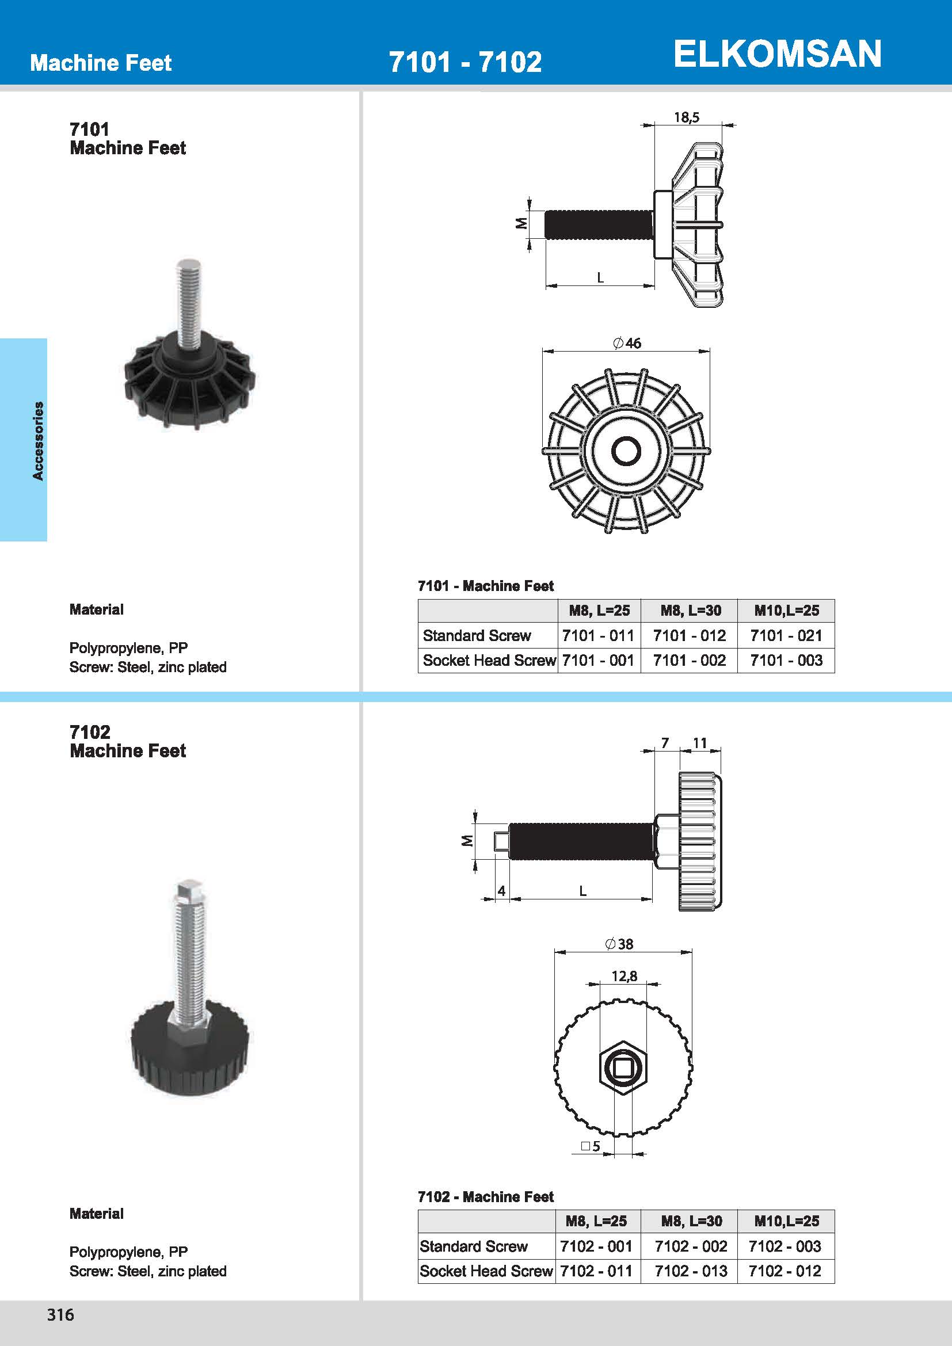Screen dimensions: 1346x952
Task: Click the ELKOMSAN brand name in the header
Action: pos(777,54)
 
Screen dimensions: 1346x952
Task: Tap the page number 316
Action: pos(60,1314)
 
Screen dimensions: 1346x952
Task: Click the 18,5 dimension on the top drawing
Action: pos(687,117)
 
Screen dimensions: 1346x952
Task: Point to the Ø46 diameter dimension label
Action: pos(627,343)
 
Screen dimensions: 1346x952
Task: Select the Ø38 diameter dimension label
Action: pos(619,944)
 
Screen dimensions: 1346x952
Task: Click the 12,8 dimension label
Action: pos(624,976)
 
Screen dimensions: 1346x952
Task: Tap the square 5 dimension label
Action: pos(591,1147)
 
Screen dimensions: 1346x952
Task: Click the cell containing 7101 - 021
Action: pos(786,635)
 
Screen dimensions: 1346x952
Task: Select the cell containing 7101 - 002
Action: pos(689,661)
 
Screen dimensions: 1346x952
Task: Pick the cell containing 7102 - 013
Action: pos(691,1271)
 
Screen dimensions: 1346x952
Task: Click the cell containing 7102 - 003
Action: pos(785,1246)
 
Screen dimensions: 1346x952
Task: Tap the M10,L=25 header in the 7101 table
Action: pos(786,610)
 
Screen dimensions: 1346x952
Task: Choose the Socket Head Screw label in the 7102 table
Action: pos(486,1271)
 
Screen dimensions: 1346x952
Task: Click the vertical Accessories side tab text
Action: pos(38,441)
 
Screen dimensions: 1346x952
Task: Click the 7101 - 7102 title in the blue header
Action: pos(465,62)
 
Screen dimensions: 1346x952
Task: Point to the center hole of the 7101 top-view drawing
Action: pos(626,451)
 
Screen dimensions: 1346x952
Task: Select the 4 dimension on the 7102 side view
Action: pos(501,890)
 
